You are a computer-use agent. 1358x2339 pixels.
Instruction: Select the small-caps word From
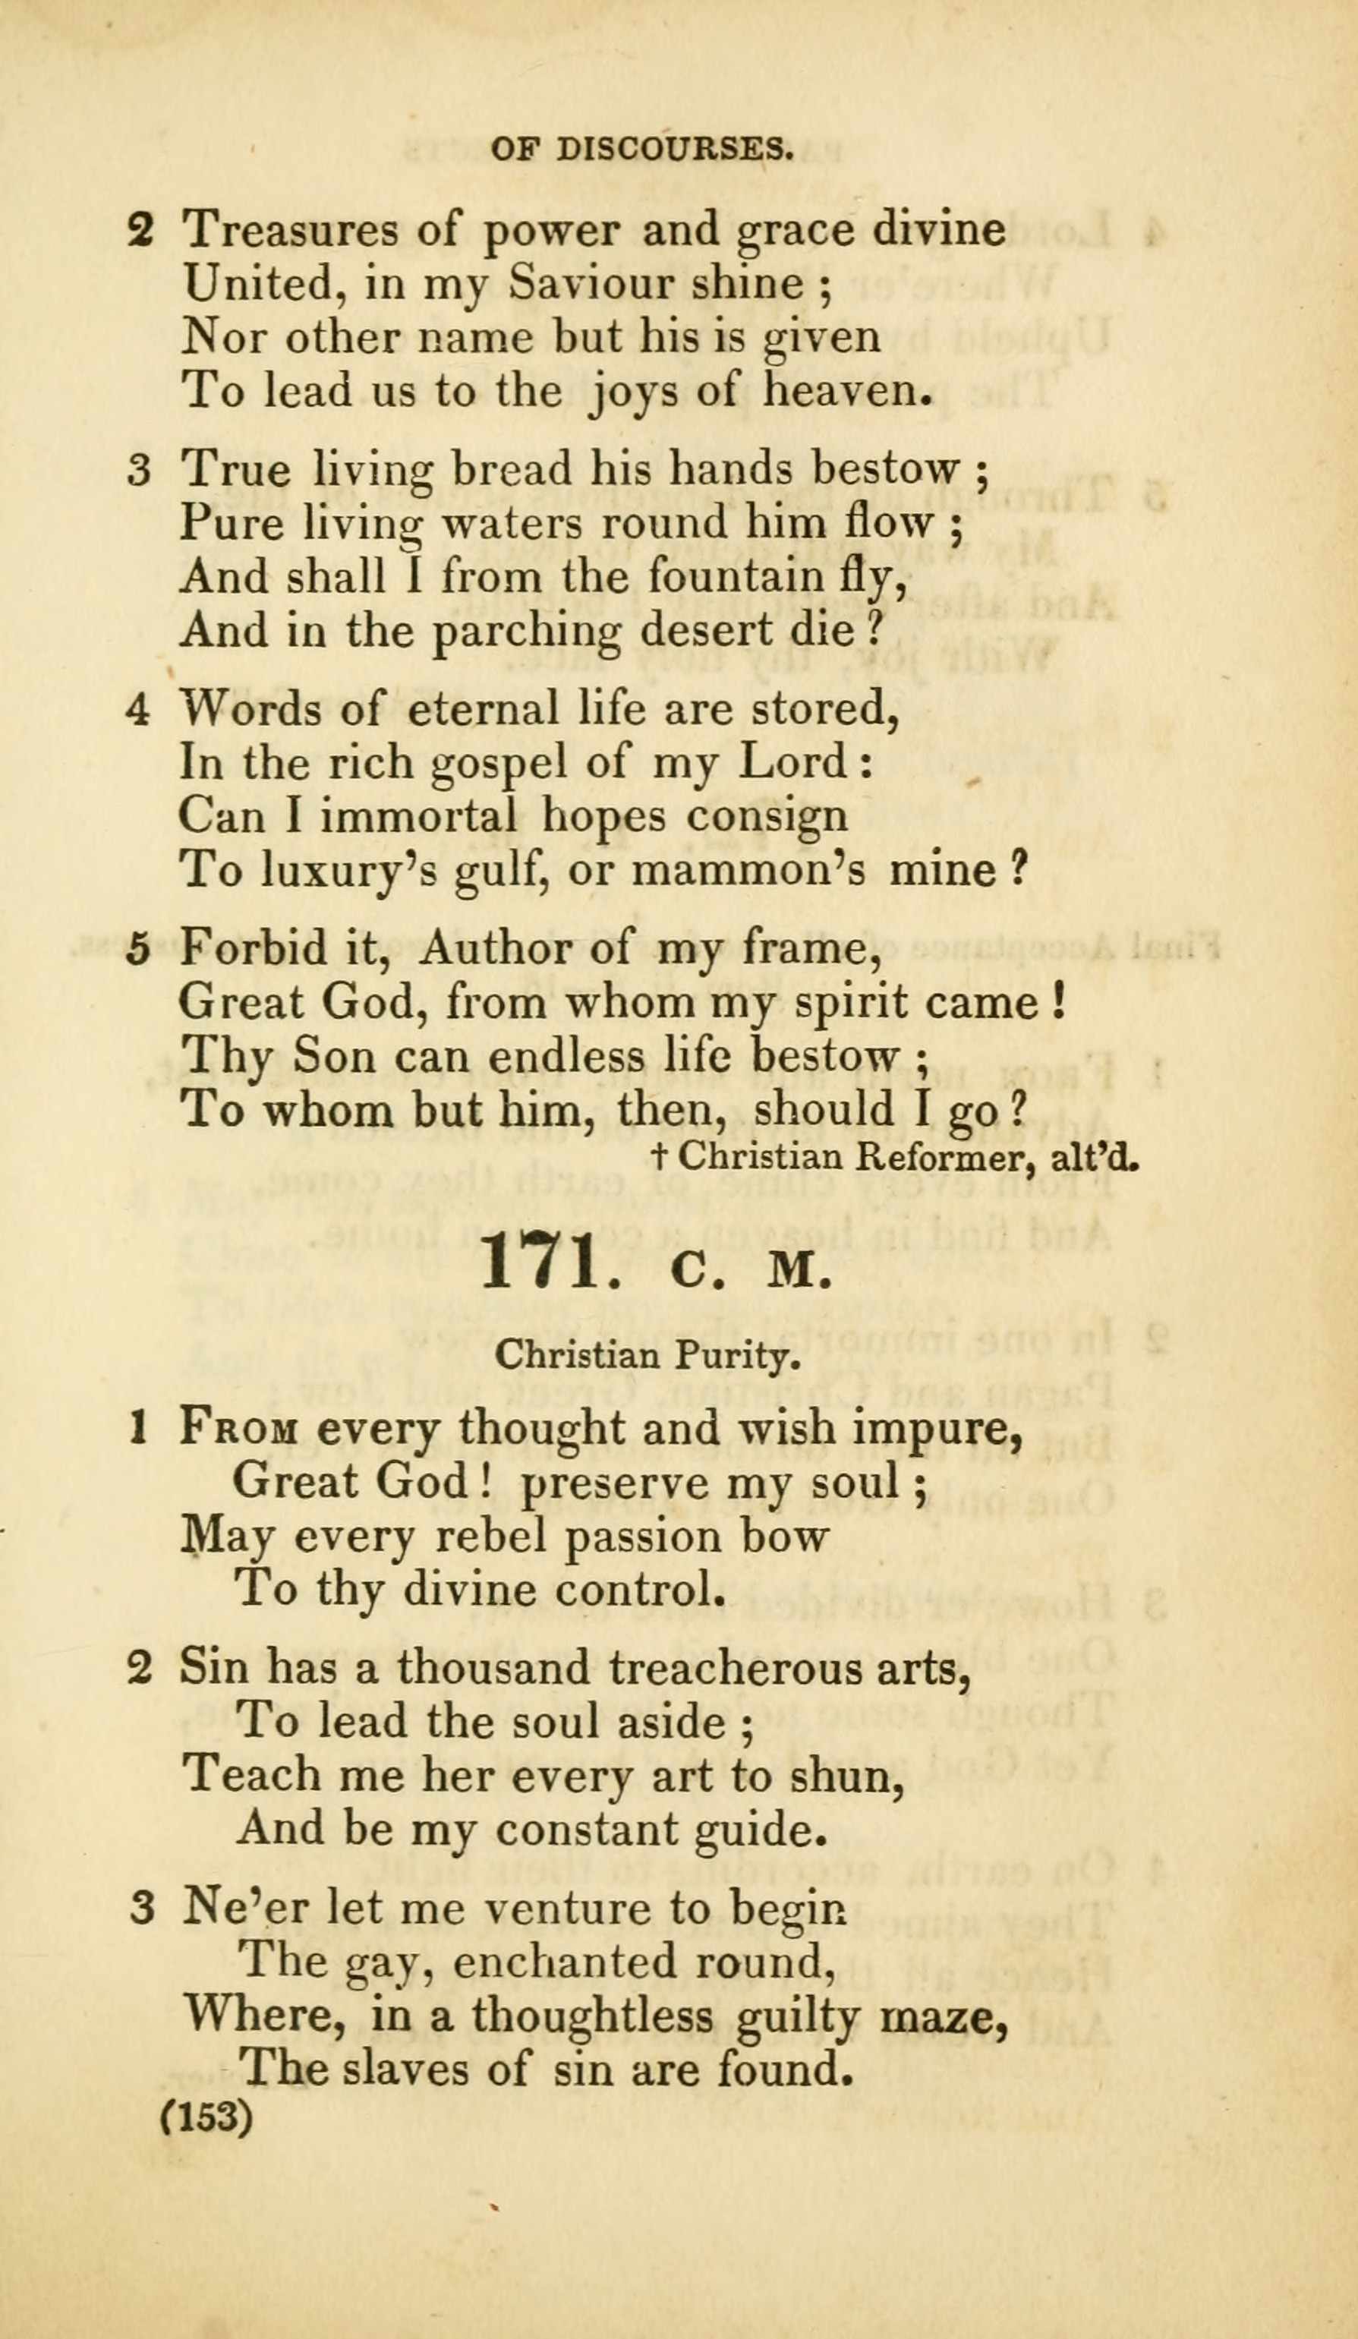point(238,1426)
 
